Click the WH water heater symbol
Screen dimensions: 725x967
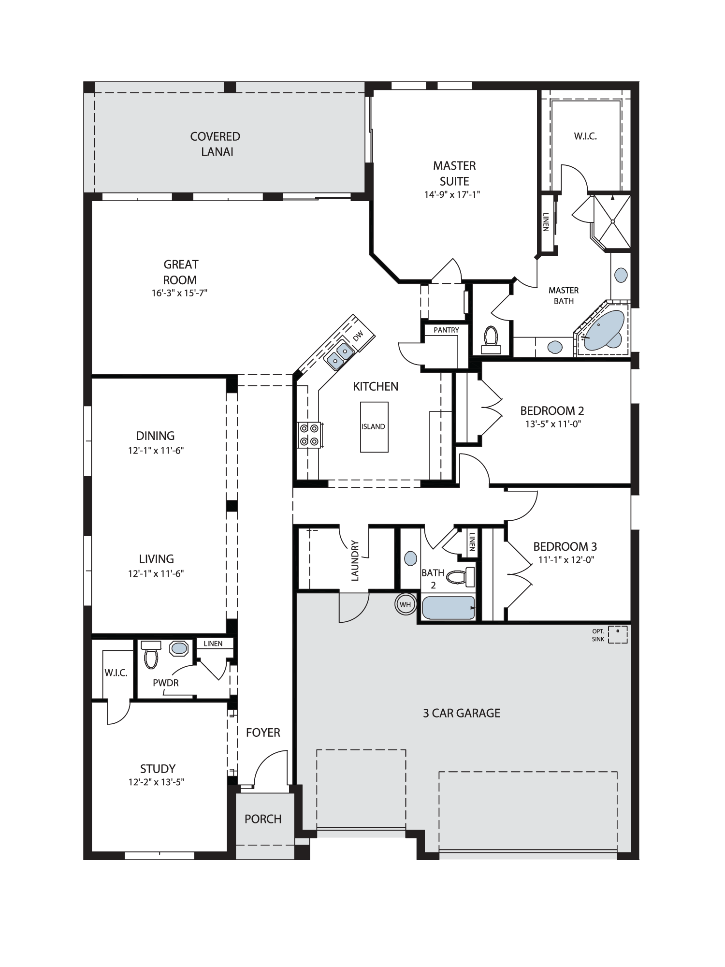[405, 604]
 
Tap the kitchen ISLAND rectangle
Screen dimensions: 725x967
[374, 427]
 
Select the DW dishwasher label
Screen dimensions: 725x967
[358, 337]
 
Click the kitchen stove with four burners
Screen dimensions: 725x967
[310, 434]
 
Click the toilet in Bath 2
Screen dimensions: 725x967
[460, 577]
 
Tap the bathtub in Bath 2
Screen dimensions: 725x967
[449, 608]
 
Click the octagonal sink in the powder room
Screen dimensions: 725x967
[180, 648]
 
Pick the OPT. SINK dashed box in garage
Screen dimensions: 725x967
[618, 634]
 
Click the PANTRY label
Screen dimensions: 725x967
[446, 330]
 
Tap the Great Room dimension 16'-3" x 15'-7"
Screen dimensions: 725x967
[179, 293]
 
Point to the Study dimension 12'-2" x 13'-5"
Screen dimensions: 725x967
[156, 782]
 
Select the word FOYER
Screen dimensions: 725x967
[263, 733]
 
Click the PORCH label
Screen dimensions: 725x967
[263, 819]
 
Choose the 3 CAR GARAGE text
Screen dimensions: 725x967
[462, 713]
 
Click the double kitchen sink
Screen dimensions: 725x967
[339, 354]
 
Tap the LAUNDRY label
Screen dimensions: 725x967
[355, 560]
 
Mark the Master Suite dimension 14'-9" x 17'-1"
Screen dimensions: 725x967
[452, 194]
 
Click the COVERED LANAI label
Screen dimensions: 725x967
[215, 144]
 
